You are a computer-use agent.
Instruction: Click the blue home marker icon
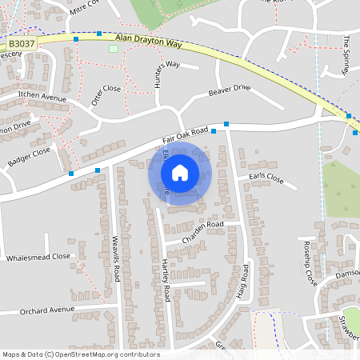[180, 172]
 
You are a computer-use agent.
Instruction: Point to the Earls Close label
[266, 178]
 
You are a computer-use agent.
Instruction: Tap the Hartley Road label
[166, 281]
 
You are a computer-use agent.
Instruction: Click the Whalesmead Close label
[38, 258]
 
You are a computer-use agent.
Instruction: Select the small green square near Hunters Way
[113, 49]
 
